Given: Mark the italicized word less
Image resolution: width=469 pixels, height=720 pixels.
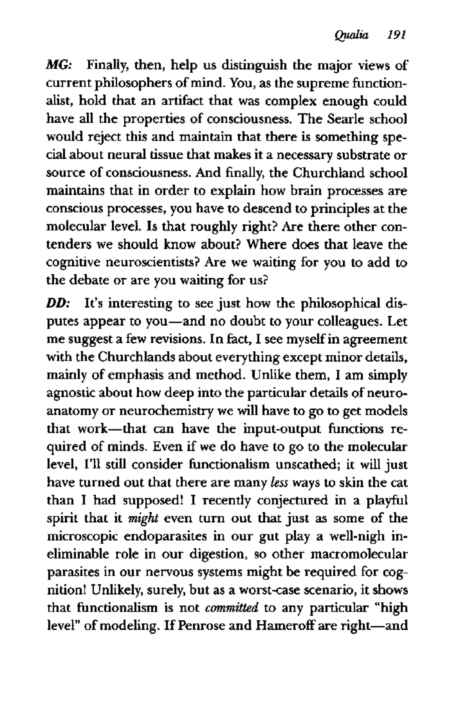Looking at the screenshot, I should click(x=279, y=483).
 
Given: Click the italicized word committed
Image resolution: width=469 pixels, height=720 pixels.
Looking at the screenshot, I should click(x=232, y=608).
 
